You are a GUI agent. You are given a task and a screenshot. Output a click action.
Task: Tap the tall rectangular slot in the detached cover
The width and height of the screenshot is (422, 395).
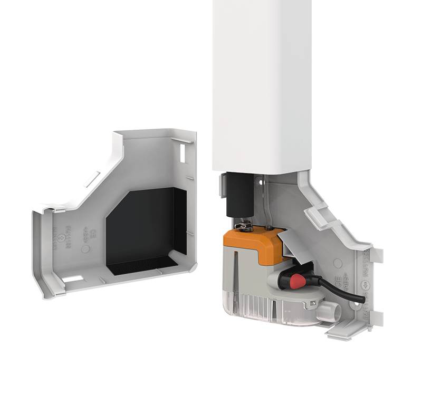tap(183, 153)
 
